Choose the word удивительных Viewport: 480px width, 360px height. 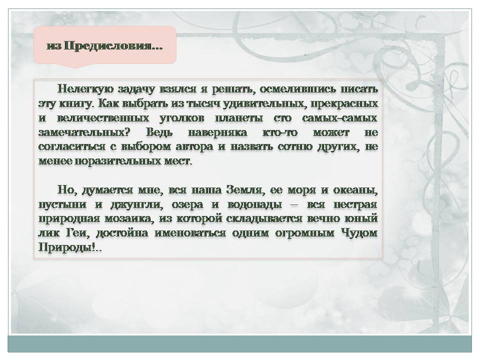point(265,104)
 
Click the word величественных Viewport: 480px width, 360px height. point(103,118)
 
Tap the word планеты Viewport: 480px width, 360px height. point(239,118)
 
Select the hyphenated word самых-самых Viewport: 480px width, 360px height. point(339,118)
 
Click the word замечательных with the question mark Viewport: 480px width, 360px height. point(84,132)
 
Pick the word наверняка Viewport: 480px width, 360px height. point(217,132)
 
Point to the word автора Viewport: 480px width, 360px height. point(194,147)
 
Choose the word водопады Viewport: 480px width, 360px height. point(254,204)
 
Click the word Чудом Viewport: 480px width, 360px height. point(359,233)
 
